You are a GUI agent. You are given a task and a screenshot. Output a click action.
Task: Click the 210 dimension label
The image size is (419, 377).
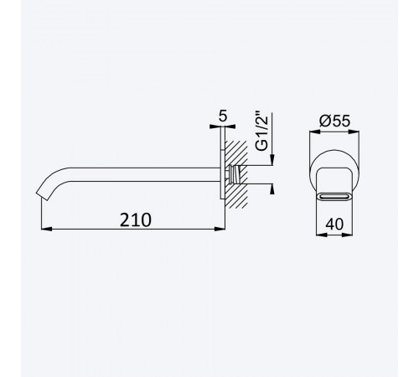tap(136, 220)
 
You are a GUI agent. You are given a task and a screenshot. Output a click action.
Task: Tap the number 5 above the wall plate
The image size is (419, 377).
tap(223, 116)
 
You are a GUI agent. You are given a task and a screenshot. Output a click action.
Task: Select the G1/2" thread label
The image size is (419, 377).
tap(261, 132)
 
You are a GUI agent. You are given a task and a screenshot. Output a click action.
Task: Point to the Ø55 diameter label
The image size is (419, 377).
tap(334, 121)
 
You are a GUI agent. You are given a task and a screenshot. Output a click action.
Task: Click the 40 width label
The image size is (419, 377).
tap(334, 224)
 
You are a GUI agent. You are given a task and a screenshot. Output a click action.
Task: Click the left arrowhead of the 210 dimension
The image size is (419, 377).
tap(46, 229)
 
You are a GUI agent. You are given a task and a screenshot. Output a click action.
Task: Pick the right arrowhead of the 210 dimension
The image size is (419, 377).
tap(220, 229)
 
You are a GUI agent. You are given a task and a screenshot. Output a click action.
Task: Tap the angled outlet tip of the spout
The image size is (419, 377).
tap(42, 196)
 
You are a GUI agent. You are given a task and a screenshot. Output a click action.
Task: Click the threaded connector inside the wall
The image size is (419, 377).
tap(235, 174)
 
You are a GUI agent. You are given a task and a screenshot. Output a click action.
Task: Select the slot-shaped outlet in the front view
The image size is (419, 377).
tap(334, 197)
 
